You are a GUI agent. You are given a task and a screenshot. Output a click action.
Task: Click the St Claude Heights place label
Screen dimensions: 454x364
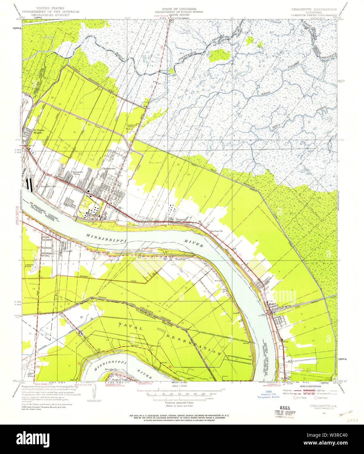pos(39,131)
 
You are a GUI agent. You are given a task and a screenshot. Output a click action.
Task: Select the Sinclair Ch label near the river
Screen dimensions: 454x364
pos(216,231)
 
